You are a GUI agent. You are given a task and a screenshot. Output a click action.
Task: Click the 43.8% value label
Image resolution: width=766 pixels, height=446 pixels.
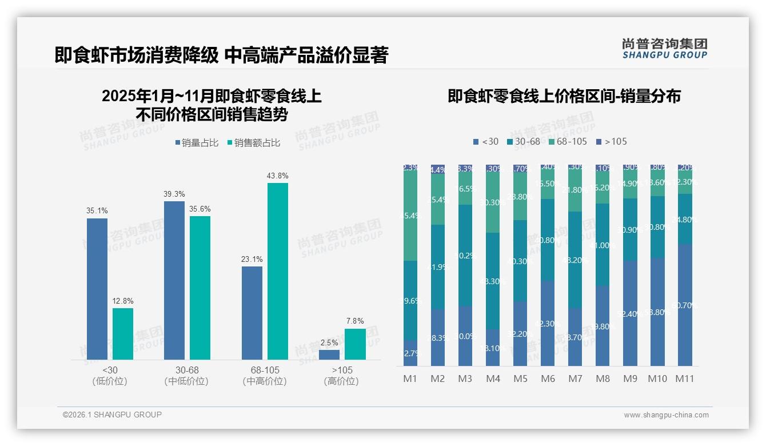277,176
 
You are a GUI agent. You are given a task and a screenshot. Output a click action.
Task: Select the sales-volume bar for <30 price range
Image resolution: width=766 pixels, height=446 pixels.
97,289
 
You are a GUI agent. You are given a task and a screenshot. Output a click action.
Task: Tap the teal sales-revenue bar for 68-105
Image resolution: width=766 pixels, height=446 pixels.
277,272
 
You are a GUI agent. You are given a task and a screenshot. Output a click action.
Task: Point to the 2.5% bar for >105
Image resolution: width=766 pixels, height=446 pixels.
329,355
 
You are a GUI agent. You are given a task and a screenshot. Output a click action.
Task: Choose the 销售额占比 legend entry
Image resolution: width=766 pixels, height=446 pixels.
254,143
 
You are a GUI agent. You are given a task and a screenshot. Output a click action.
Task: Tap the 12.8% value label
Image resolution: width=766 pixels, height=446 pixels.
123,301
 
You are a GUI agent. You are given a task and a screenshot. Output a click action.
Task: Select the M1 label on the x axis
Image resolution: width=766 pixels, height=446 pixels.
410,379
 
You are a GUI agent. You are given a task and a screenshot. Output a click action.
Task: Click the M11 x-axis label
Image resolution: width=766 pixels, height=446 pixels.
685,379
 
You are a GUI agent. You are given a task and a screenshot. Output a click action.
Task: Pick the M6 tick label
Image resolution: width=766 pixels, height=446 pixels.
548,379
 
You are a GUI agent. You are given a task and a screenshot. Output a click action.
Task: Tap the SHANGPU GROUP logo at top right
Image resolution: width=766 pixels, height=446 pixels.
664,49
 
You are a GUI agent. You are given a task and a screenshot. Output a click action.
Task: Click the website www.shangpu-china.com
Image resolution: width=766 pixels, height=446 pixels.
666,415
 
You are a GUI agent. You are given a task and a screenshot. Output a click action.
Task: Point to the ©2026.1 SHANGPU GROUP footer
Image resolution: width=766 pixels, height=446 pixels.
112,415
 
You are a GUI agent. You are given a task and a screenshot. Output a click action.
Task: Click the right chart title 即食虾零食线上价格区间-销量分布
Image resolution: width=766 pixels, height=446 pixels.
564,97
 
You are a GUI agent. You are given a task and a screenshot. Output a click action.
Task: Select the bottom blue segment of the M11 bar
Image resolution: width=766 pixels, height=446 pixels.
685,305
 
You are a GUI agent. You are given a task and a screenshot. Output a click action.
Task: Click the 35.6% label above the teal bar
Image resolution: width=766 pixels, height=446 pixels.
200,209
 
